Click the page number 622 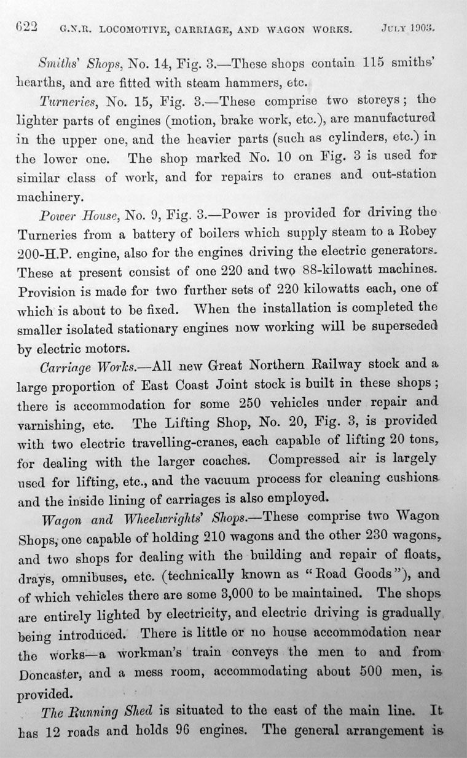(x=26, y=27)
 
